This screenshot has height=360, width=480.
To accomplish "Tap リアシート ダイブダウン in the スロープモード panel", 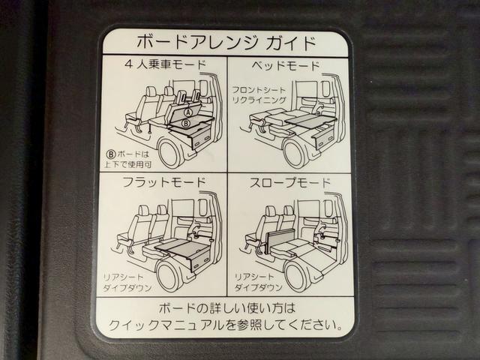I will pos(259,282).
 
